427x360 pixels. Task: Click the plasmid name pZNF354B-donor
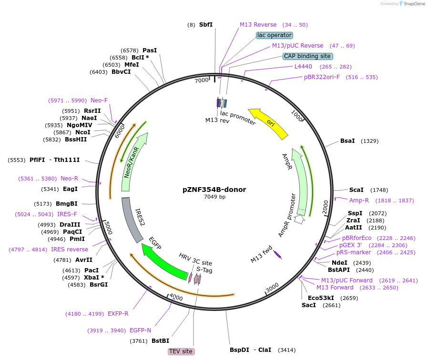(x=214, y=189)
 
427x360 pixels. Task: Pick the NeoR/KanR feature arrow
(x=136, y=162)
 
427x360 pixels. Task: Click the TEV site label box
(x=181, y=351)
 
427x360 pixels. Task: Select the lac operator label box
(x=274, y=35)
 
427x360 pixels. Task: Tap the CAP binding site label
(x=307, y=56)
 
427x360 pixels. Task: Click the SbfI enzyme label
(x=206, y=25)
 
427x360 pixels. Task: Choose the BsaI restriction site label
(x=347, y=141)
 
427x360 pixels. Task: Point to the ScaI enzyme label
(x=356, y=190)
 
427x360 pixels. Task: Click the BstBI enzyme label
(x=160, y=340)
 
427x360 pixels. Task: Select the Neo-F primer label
(x=99, y=100)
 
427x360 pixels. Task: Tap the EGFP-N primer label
(x=140, y=330)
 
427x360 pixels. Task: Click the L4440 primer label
(x=303, y=67)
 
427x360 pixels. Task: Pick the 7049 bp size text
(x=214, y=197)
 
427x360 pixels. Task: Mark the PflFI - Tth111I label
(x=54, y=160)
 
